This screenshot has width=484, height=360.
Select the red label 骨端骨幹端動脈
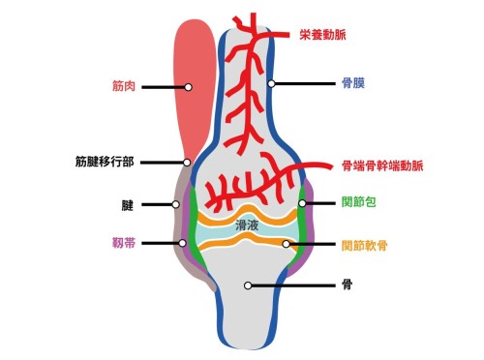(x=382, y=165)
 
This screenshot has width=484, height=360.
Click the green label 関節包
(x=358, y=203)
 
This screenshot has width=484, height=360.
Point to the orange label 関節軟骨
(x=365, y=244)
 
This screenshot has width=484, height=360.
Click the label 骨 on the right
(x=347, y=285)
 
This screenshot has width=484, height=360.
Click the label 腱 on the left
(x=126, y=204)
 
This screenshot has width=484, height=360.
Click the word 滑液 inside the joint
(x=247, y=225)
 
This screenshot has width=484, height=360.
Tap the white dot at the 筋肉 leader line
(x=188, y=86)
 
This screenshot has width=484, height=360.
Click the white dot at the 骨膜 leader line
(x=273, y=84)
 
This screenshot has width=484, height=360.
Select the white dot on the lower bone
(x=249, y=285)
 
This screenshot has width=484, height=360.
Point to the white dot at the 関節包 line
(x=302, y=203)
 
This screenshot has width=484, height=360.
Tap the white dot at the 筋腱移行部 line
(x=186, y=162)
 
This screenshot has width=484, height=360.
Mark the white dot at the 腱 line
(x=176, y=204)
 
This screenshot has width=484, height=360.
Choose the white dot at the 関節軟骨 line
(x=287, y=244)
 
